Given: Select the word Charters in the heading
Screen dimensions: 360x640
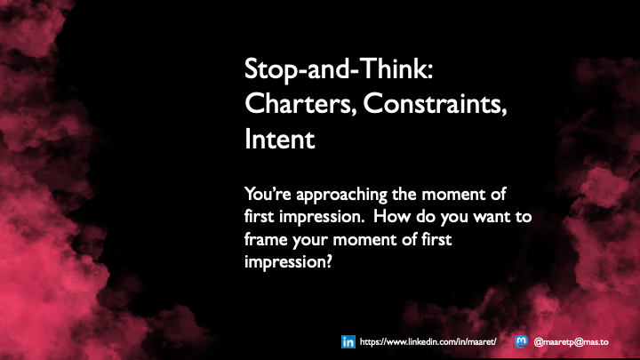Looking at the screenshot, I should (x=284, y=104).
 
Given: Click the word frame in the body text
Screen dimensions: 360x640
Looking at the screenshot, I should (x=263, y=239).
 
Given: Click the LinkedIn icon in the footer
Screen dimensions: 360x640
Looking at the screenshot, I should (x=348, y=341).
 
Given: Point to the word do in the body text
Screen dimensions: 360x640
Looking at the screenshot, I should (x=435, y=217).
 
